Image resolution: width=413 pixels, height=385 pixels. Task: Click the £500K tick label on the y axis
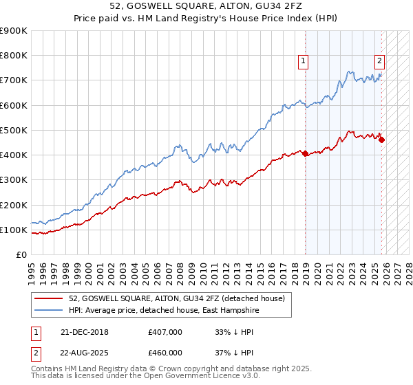[14, 130]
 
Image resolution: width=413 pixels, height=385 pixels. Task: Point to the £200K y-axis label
[14, 205]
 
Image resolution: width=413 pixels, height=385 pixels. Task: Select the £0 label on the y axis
[21, 254]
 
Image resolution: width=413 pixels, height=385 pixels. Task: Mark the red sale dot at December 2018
[305, 153]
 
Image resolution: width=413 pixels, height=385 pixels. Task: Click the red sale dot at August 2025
[382, 140]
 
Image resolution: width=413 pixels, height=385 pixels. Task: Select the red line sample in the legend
[50, 298]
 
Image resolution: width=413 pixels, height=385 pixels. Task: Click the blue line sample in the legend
[50, 309]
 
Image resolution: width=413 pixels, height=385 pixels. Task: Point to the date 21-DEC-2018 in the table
[85, 331]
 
